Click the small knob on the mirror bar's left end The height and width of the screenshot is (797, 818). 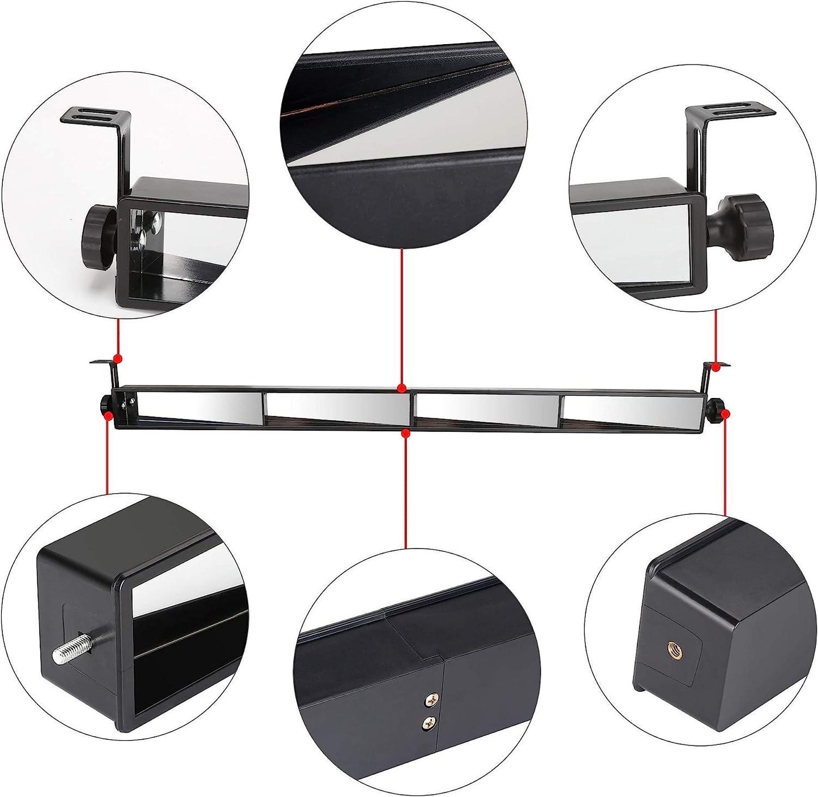(x=106, y=404)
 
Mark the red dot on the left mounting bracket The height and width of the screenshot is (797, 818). (x=118, y=358)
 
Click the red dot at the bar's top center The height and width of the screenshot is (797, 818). (x=401, y=388)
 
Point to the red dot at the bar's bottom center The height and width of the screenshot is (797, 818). (x=405, y=434)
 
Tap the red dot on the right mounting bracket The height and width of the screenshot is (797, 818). (x=716, y=367)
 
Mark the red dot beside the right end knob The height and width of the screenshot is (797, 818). (x=726, y=413)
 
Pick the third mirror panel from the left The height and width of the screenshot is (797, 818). (x=487, y=408)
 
